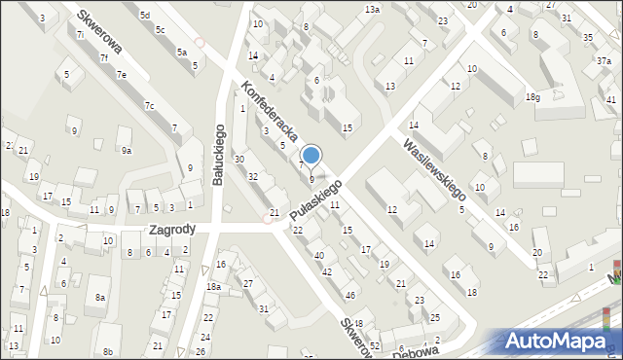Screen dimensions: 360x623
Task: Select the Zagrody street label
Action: click(x=172, y=231)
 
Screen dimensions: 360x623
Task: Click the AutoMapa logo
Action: click(x=560, y=341)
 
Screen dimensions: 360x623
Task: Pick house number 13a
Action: click(x=371, y=9)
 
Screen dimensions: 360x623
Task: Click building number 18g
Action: click(x=532, y=97)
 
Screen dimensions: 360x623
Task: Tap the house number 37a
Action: click(x=604, y=59)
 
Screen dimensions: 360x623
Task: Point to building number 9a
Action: click(x=126, y=150)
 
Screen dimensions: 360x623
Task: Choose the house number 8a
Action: click(x=99, y=297)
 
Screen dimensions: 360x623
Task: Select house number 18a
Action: click(x=213, y=287)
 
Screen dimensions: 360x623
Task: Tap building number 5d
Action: click(x=144, y=16)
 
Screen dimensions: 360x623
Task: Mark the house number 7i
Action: click(x=80, y=34)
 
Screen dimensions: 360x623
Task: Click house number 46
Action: click(x=349, y=294)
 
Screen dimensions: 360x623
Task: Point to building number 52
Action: click(x=375, y=346)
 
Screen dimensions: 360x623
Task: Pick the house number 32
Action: click(x=253, y=176)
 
